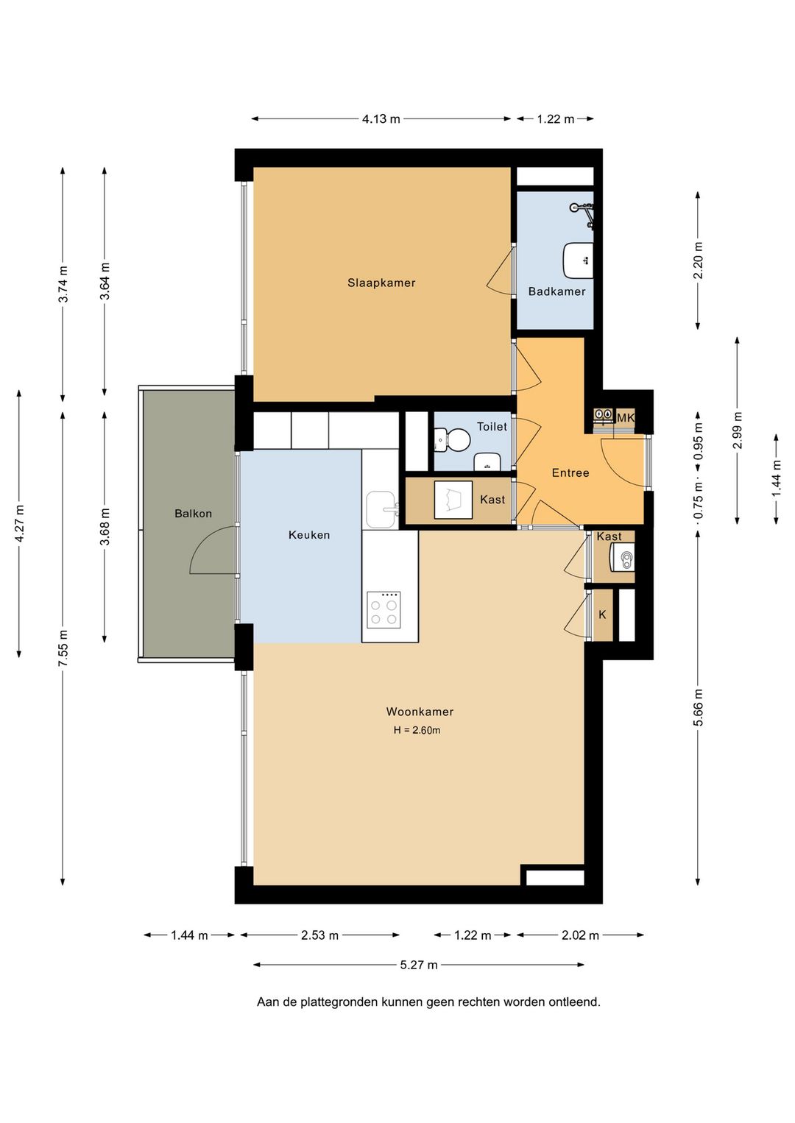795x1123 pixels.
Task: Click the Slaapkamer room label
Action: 381,283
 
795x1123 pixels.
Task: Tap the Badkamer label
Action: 556,291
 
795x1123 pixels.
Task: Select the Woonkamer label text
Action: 420,712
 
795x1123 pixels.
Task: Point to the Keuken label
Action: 309,535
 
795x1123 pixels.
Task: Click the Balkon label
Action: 193,514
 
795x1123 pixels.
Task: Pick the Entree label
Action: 570,472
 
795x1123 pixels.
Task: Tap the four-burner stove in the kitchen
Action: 384,609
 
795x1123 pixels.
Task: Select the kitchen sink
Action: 382,510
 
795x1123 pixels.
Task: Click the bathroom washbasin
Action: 579,261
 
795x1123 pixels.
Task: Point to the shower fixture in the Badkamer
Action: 583,214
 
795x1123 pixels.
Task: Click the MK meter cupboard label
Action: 626,417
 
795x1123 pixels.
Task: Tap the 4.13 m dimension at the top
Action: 381,118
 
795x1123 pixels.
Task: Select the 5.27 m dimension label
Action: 419,965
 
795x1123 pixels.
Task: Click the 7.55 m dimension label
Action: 63,648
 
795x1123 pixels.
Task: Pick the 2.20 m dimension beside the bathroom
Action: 698,261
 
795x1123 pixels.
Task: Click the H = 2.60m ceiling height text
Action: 417,731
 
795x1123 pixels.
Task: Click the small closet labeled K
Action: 602,614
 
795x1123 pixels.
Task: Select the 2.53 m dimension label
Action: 320,935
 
